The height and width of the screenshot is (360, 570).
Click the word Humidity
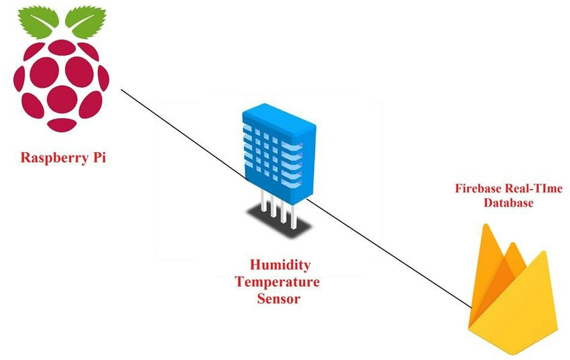[276, 264]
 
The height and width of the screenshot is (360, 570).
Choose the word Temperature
[276, 281]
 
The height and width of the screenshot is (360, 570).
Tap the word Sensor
[278, 298]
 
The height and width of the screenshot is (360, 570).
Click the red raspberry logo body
[62, 84]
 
